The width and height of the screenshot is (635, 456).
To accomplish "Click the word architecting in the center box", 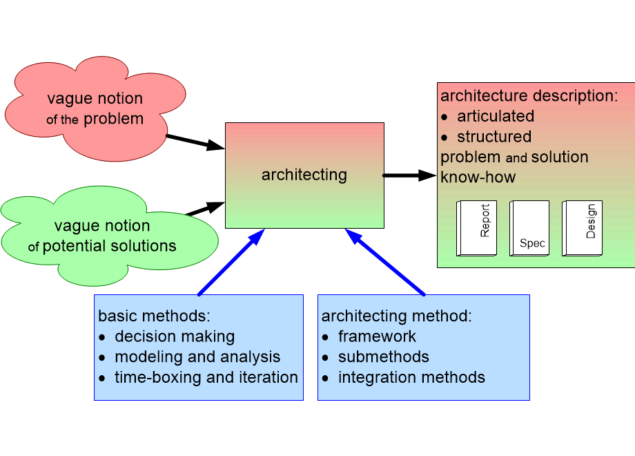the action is click(304, 175).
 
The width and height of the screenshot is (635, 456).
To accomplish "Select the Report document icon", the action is click(477, 228).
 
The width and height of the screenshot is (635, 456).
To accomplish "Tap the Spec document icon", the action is click(529, 228).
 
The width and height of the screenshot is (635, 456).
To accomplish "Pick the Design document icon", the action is click(582, 228).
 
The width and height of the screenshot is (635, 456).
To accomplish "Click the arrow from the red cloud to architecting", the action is click(195, 142).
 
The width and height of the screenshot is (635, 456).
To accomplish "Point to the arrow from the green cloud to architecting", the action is click(205, 209).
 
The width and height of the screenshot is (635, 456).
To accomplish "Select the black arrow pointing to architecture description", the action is click(409, 175).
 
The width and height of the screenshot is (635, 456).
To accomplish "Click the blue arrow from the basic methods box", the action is click(231, 262).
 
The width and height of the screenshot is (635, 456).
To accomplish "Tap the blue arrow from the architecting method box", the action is click(385, 262).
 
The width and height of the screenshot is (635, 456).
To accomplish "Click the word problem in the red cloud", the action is click(113, 119).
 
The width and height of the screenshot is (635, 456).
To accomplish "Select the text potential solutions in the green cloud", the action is click(109, 246).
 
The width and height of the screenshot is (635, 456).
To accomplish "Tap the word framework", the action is click(377, 336).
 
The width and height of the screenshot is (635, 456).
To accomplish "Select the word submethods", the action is click(384, 357).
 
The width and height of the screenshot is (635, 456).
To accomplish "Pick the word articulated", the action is click(496, 116).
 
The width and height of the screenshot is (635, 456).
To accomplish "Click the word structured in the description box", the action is click(494, 137).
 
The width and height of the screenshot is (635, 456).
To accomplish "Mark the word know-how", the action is click(478, 178).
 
